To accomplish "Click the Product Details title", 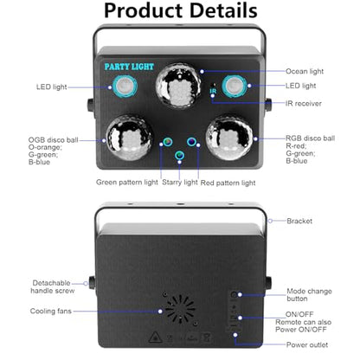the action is pos(181,11).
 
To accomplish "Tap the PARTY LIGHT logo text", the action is pos(129,67).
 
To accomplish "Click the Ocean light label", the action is pos(305,72).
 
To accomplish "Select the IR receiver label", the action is pos(304,104).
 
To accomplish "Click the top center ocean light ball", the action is pos(178,86).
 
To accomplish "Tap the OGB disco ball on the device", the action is pos(129,138).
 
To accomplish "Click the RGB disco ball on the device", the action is pos(229,138).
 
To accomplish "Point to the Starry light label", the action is pos(180,183).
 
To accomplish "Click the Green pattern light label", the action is pos(127,183).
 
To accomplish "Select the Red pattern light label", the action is pos(228,183).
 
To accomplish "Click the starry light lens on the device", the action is pos(179,156).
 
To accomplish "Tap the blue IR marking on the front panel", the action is pos(213,92).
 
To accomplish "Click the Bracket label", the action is pos(299,221).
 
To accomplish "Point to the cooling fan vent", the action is pos(180,309).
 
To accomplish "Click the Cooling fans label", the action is pos(51,312).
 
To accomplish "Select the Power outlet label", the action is pos(307,344).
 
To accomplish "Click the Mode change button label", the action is pos(309,295).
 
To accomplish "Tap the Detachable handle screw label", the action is pos(52,286).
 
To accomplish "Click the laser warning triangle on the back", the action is pos(155,337).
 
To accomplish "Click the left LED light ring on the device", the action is pos(125,86).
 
